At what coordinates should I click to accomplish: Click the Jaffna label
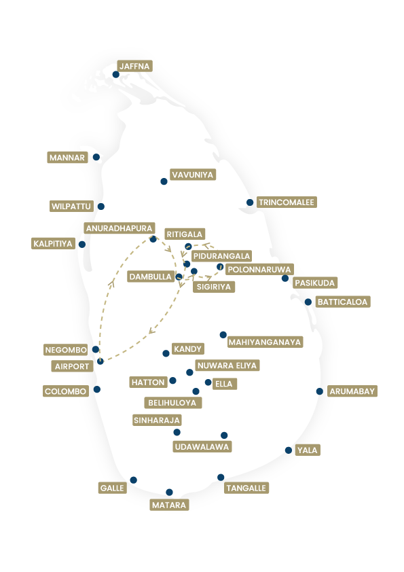(x=134, y=66)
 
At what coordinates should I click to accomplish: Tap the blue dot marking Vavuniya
(x=164, y=181)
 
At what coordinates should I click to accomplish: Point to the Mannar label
(x=67, y=158)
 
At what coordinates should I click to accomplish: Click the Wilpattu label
(x=71, y=206)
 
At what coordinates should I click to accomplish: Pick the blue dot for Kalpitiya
(x=82, y=245)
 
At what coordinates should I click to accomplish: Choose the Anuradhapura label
(x=119, y=228)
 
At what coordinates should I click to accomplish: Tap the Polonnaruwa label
(x=259, y=269)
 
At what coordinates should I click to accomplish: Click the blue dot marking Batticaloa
(x=308, y=302)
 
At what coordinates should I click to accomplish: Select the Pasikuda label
(x=315, y=283)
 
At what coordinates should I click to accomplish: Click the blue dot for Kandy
(x=166, y=353)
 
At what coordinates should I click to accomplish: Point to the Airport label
(x=71, y=366)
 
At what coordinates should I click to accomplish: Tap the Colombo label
(x=65, y=391)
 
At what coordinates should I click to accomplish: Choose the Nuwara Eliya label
(x=227, y=365)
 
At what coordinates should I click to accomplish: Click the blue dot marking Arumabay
(x=320, y=391)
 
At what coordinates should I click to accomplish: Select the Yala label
(x=307, y=450)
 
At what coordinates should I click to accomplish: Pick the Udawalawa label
(x=202, y=447)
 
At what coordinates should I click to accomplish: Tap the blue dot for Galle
(x=133, y=480)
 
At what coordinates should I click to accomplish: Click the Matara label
(x=169, y=505)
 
